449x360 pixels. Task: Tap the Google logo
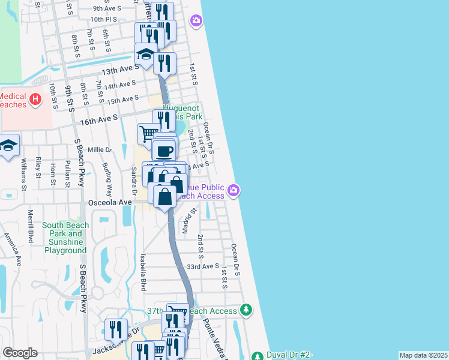click(20, 353)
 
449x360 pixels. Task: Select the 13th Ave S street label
click(120, 67)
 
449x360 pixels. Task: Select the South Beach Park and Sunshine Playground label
click(65, 238)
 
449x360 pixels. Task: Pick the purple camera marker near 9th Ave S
click(196, 22)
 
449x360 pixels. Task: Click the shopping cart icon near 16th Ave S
click(148, 133)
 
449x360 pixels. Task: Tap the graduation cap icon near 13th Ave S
click(145, 55)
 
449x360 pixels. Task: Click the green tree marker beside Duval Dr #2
click(257, 356)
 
